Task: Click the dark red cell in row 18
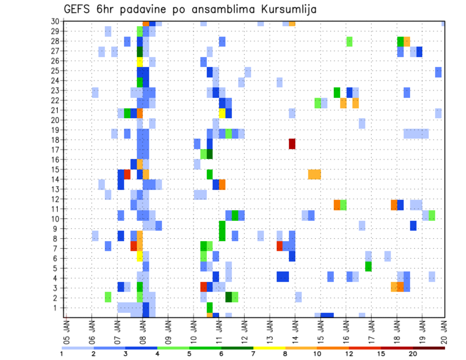292,144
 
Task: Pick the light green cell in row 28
349,41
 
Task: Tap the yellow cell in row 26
140,61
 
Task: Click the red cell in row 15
127,174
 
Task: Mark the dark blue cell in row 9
413,226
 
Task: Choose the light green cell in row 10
432,215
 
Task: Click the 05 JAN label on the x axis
67,329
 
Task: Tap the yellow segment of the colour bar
269,347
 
